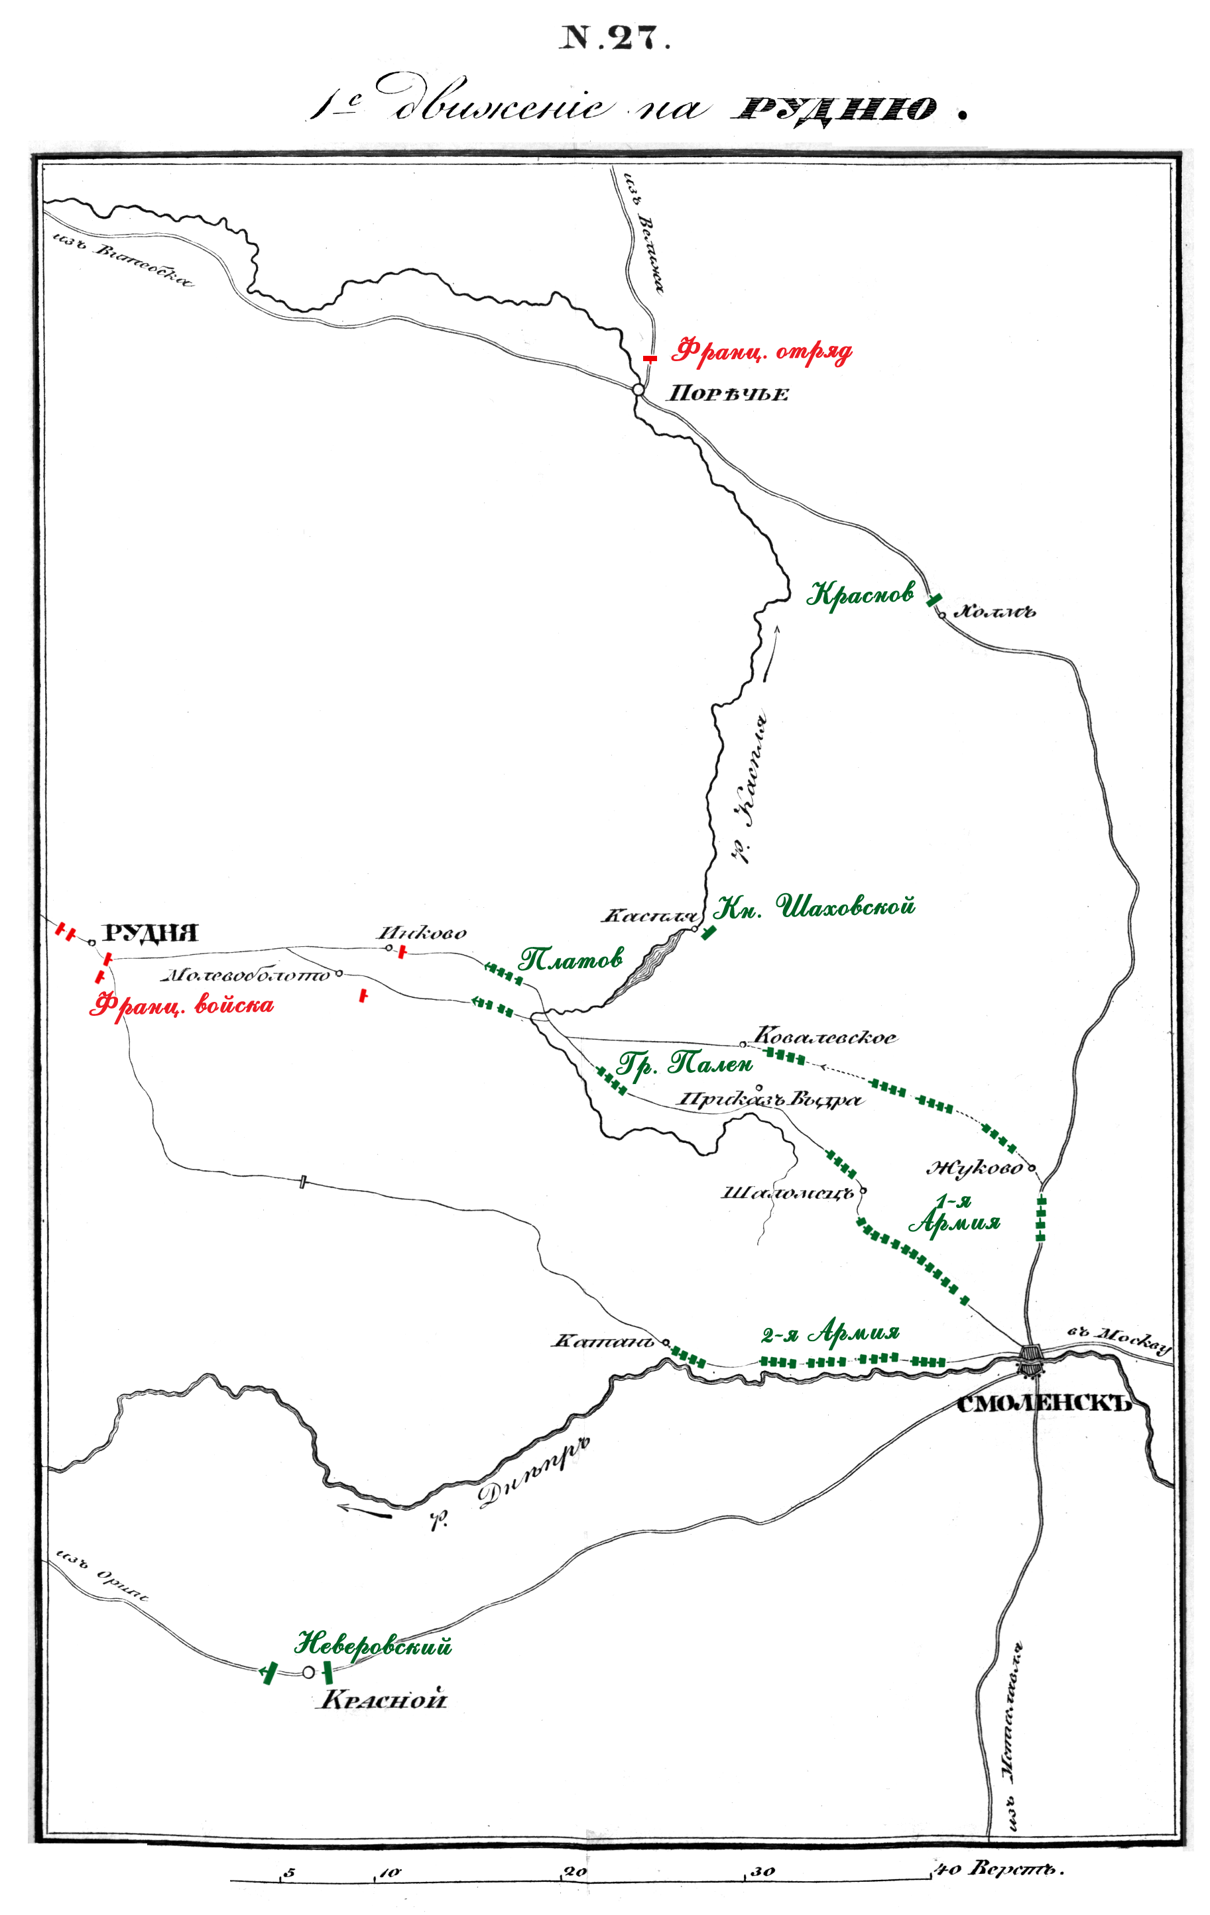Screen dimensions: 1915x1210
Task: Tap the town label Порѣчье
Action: click(727, 394)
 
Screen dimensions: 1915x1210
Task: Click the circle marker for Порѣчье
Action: click(638, 390)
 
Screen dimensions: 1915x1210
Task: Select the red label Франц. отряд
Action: click(761, 351)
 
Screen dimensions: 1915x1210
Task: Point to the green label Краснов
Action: click(860, 594)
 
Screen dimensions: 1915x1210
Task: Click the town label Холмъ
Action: click(994, 612)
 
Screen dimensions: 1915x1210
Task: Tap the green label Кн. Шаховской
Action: click(814, 906)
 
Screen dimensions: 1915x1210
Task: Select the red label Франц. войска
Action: click(182, 1005)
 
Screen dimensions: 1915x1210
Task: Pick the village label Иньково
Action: click(422, 933)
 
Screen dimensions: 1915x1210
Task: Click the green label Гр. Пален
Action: click(684, 1064)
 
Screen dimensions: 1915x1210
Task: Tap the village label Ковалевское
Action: click(825, 1037)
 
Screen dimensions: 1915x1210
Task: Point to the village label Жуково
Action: click(975, 1168)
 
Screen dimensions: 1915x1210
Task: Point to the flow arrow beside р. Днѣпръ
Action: click(365, 1509)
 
